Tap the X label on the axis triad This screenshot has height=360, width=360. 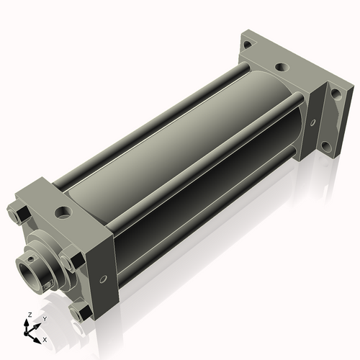[45, 338]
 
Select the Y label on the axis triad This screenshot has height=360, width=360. [44, 318]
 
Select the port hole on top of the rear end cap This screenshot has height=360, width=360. [282, 67]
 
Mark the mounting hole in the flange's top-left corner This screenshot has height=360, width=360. [247, 45]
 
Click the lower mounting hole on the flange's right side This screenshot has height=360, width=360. [326, 147]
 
